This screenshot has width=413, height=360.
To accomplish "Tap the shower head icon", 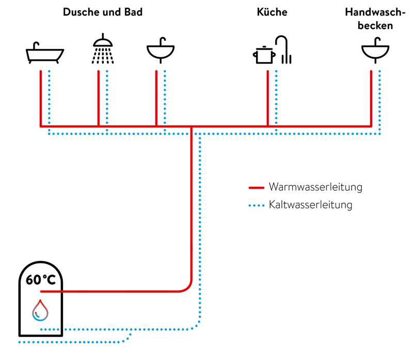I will tap(103, 50).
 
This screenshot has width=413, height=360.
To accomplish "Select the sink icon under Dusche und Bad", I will tap(161, 51).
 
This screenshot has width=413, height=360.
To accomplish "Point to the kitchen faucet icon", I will tap(283, 50).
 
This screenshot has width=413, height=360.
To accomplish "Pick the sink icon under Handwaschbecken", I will tap(375, 51).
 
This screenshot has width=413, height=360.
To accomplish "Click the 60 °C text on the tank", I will tap(41, 280).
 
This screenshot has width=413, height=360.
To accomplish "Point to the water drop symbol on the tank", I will tap(40, 310).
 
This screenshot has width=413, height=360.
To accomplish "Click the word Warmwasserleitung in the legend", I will tap(315, 187).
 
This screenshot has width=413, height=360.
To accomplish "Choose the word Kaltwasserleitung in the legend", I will tap(310, 205).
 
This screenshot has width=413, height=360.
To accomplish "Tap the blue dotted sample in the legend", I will tap(256, 205).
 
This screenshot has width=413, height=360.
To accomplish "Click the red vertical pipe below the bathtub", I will tap(41, 98).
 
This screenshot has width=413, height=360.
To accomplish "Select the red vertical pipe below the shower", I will tap(99, 98).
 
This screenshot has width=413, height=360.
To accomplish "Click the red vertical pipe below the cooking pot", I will tap(267, 98).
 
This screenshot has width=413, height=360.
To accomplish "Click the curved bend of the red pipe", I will tap(188, 287).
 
